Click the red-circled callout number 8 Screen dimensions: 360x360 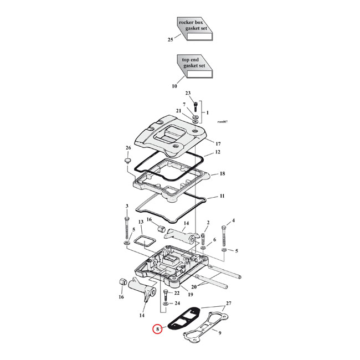point(158,330)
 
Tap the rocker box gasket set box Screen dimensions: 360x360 point(194,28)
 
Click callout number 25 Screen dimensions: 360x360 point(171,40)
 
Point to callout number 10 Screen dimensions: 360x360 point(174,86)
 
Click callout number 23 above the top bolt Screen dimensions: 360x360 point(188,93)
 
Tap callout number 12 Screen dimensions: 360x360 point(218,152)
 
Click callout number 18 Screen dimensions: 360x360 point(222,174)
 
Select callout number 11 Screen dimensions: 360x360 point(222,197)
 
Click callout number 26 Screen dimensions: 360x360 point(128,148)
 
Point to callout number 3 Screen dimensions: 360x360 point(127,206)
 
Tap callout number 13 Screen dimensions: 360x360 point(140,222)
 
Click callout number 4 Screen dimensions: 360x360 point(233,220)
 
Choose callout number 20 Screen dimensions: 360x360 point(193,287)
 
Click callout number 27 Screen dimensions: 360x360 point(229,305)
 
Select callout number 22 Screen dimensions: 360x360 point(177,292)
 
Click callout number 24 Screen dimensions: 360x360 point(177,304)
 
